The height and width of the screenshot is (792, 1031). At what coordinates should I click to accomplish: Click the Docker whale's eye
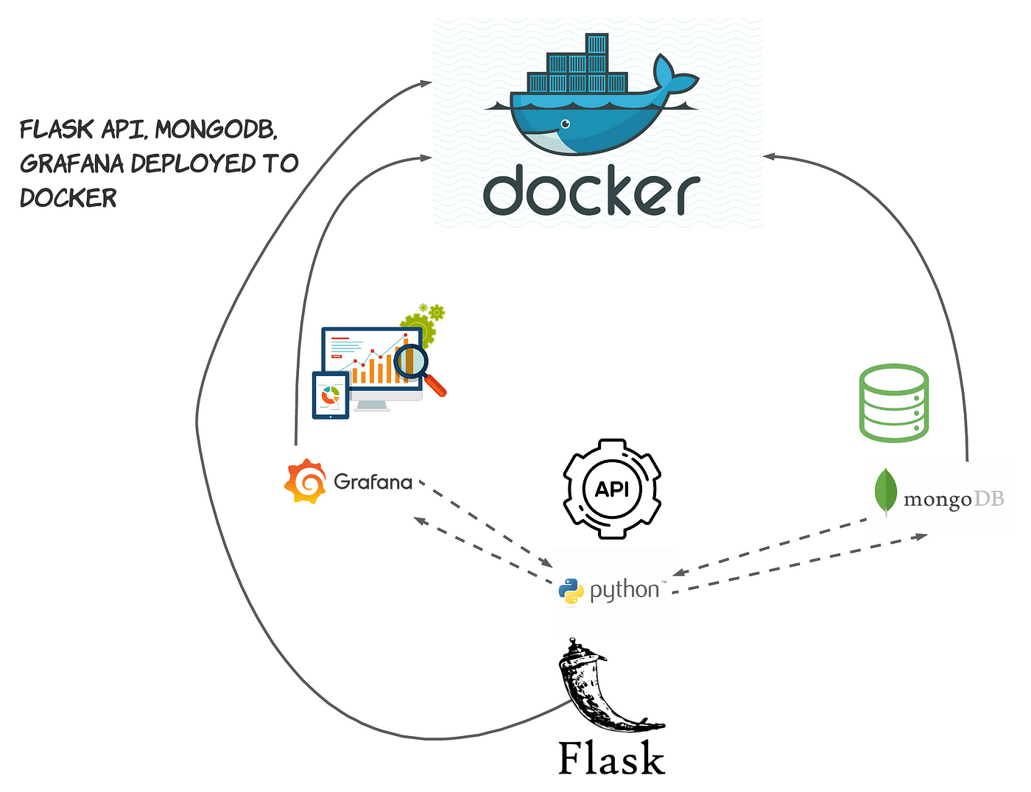[x=566, y=124]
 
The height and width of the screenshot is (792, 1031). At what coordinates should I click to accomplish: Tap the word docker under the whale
[x=591, y=190]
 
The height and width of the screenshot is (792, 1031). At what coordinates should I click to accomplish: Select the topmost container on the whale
[x=597, y=43]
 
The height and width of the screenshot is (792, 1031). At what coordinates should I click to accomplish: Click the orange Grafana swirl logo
[x=305, y=481]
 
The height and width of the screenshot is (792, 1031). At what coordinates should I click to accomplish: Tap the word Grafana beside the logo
[x=373, y=482]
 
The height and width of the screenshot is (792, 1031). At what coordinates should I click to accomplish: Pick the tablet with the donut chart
[x=331, y=395]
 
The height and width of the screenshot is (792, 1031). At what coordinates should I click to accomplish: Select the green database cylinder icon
[x=893, y=403]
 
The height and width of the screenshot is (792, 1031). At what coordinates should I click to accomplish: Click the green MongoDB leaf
[x=885, y=492]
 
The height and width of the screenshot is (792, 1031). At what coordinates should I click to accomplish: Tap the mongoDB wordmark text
[x=954, y=500]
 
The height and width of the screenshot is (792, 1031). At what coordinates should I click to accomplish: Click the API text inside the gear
[x=611, y=489]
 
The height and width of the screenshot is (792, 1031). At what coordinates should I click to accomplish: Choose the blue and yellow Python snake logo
[x=571, y=591]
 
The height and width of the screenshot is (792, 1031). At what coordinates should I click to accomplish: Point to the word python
[x=624, y=591]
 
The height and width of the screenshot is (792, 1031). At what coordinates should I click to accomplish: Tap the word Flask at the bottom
[x=611, y=758]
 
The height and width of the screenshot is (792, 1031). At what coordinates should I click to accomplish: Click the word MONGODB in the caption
[x=216, y=129]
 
